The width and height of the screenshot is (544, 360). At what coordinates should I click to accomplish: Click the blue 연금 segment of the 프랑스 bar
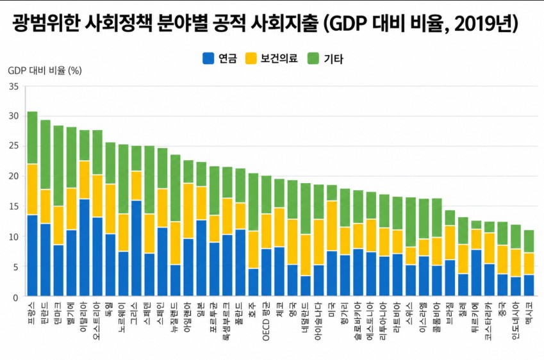(x=32, y=256)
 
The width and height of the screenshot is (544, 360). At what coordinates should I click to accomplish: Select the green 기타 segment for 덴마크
(x=58, y=166)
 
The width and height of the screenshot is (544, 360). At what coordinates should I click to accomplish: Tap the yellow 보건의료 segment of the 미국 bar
(x=332, y=225)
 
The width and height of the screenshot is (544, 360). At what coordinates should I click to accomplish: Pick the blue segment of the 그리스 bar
(x=136, y=249)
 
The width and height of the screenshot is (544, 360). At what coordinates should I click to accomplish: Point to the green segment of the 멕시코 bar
(x=529, y=241)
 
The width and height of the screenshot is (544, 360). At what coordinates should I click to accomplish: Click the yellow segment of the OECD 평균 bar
(x=267, y=231)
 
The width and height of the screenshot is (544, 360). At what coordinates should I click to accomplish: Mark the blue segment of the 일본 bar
(x=201, y=258)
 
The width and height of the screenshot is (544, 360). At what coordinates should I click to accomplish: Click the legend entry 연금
(x=220, y=58)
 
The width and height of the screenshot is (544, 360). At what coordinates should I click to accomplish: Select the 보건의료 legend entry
(x=271, y=58)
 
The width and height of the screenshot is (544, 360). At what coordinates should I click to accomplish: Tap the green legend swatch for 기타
(x=313, y=58)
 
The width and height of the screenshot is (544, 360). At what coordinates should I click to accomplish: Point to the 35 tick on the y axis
(x=13, y=86)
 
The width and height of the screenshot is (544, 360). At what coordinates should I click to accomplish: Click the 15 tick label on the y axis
(x=13, y=207)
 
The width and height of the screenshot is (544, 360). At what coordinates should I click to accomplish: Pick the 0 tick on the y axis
(x=15, y=298)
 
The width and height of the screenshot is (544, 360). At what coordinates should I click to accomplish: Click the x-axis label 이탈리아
(x=84, y=316)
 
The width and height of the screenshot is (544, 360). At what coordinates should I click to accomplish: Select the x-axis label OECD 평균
(x=267, y=320)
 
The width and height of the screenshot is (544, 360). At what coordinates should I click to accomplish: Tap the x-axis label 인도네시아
(x=516, y=320)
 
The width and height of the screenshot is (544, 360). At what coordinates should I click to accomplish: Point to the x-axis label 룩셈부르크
(x=227, y=320)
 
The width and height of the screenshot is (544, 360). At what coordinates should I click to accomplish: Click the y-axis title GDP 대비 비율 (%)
(x=45, y=70)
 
